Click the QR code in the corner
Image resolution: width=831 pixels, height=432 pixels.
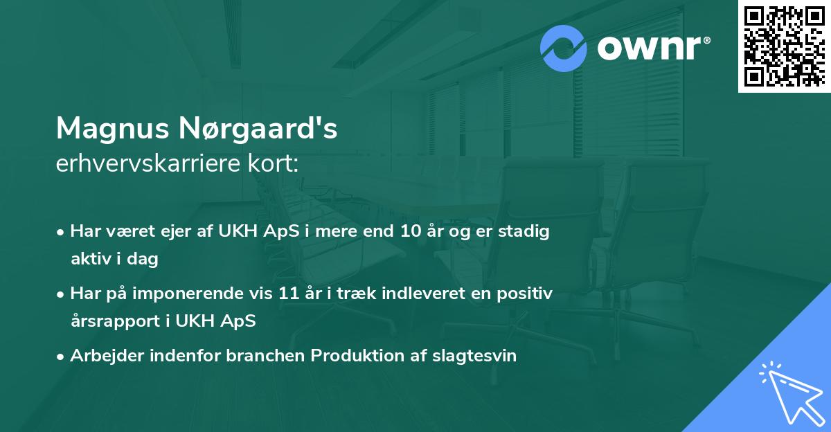(x=785, y=46)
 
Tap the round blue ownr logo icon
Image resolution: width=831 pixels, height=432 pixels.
(x=564, y=48)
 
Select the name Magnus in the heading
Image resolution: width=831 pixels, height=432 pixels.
(x=112, y=129)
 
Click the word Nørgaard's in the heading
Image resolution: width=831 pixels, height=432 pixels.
(x=257, y=129)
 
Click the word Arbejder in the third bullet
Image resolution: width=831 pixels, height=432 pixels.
(x=101, y=356)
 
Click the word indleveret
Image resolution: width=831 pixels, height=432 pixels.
(x=415, y=294)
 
